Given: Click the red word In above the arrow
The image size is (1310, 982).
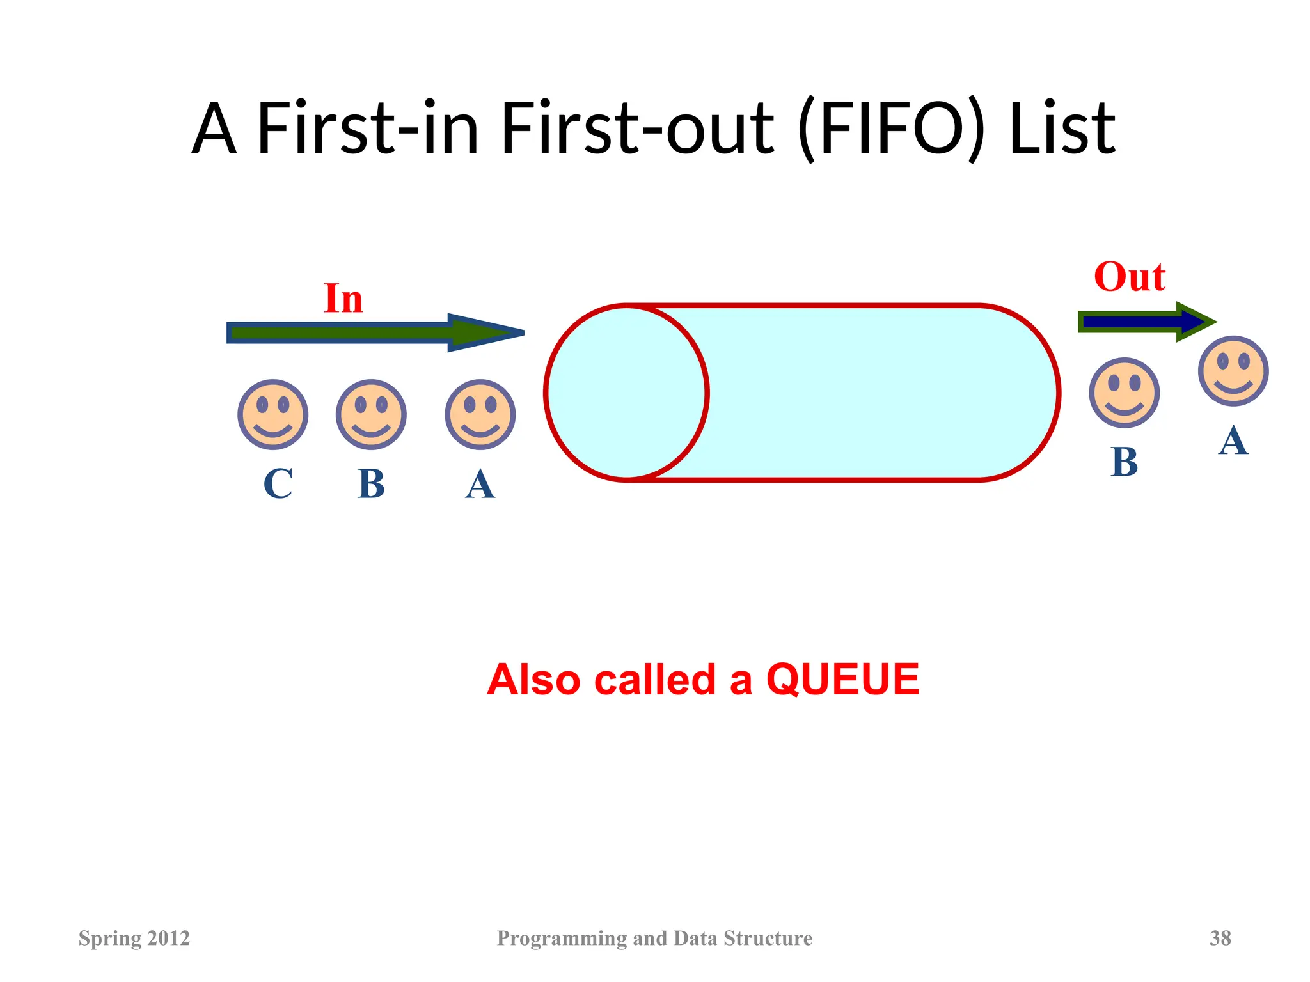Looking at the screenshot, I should click(x=343, y=299).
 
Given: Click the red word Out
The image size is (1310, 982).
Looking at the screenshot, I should click(x=1130, y=277).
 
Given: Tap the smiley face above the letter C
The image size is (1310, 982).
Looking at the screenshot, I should click(x=273, y=414).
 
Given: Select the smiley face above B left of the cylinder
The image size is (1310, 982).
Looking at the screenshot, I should click(x=371, y=414).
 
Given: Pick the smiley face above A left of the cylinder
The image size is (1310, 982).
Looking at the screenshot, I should click(x=480, y=414).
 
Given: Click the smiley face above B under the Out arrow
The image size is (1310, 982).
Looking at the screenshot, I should click(x=1124, y=392).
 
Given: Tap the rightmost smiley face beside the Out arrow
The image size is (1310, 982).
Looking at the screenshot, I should click(x=1233, y=371).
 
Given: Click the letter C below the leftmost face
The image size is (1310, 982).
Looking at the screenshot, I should click(x=278, y=484).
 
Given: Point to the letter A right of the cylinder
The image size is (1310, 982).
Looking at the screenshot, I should click(x=1233, y=441).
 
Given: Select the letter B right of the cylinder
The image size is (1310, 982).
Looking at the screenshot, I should click(x=1125, y=462).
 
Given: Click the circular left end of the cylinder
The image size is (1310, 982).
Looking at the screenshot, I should click(x=627, y=393).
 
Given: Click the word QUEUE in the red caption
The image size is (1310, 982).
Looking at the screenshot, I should click(x=842, y=679).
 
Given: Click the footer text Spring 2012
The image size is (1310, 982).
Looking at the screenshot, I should click(x=134, y=938).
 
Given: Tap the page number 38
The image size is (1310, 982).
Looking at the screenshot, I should click(x=1220, y=938).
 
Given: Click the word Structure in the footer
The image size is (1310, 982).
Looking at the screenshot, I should click(x=768, y=938).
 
